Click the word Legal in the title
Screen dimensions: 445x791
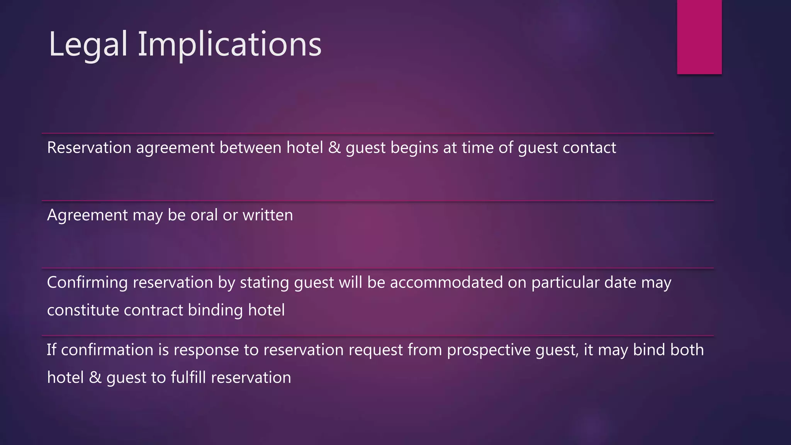point(88,45)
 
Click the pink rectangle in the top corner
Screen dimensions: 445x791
point(699,37)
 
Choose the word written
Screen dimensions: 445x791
point(268,215)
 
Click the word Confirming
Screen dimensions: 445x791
point(87,283)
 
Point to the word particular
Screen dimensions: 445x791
point(565,283)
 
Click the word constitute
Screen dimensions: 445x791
point(83,310)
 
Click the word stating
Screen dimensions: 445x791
point(264,283)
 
